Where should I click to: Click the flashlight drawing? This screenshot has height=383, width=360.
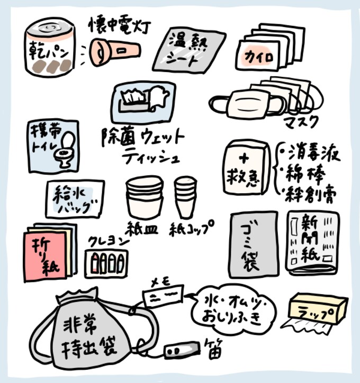(115, 52)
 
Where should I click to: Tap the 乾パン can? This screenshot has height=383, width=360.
(50, 47)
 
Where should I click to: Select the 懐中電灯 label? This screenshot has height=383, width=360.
(119, 25)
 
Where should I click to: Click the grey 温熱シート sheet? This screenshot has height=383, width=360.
(189, 50)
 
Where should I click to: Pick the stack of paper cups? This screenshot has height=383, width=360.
(185, 197)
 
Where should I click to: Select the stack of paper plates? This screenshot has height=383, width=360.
(145, 197)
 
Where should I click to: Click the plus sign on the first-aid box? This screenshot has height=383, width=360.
(244, 158)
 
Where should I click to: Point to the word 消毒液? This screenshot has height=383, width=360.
(313, 154)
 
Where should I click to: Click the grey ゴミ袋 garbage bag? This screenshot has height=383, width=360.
(254, 245)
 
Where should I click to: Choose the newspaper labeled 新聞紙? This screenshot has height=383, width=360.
(312, 243)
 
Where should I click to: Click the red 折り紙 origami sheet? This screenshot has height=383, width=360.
(45, 256)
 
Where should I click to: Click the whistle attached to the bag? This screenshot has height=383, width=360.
(182, 350)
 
